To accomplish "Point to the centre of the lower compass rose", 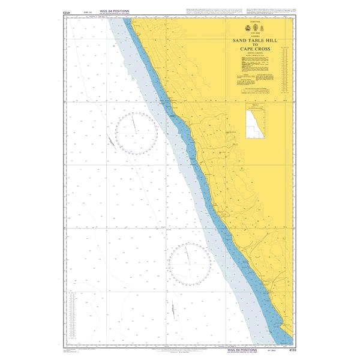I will tap(189, 264).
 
